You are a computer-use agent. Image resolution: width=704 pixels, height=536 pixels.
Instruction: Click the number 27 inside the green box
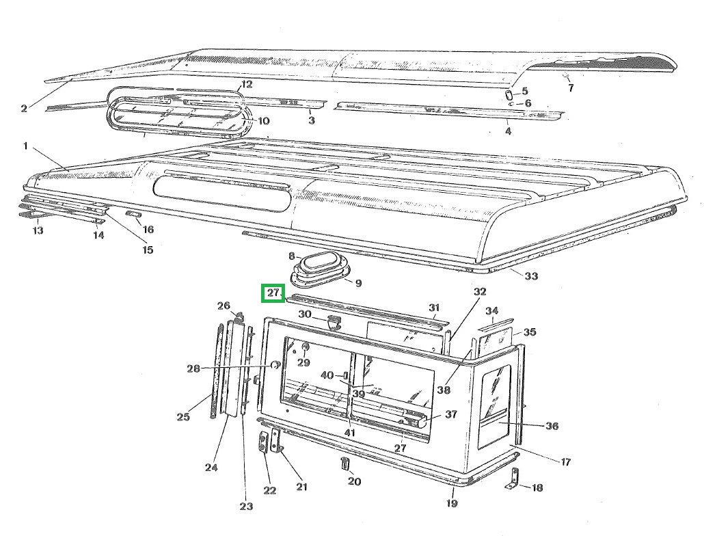pyautogui.click(x=273, y=293)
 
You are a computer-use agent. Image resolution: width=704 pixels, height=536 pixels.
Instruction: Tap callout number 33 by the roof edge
pyautogui.click(x=531, y=276)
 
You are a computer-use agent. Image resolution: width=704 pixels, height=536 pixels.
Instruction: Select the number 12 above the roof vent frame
pyautogui.click(x=247, y=84)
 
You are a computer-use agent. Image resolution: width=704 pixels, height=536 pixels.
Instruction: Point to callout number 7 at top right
pyautogui.click(x=571, y=88)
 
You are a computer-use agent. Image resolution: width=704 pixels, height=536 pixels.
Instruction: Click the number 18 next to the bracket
pyautogui.click(x=537, y=487)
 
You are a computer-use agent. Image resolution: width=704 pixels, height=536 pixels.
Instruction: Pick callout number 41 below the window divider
pyautogui.click(x=350, y=433)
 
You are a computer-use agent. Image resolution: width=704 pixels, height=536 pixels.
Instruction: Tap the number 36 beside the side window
pyautogui.click(x=552, y=425)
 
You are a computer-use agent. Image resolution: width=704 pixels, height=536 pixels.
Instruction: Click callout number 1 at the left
pyautogui.click(x=25, y=146)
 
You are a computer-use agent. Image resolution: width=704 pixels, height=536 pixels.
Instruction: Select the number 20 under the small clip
pyautogui.click(x=354, y=482)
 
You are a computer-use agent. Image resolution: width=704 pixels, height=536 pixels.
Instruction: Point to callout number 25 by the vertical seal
pyautogui.click(x=183, y=416)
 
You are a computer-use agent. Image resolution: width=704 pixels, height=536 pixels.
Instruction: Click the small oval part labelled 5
pyautogui.click(x=509, y=95)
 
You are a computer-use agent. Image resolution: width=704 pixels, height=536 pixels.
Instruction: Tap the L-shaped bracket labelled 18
pyautogui.click(x=513, y=479)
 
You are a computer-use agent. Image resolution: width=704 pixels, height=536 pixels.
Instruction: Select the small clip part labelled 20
pyautogui.click(x=344, y=463)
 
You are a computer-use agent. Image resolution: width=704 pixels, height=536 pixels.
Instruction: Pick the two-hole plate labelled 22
pyautogui.click(x=262, y=443)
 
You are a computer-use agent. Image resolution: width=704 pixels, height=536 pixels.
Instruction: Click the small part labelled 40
pyautogui.click(x=345, y=375)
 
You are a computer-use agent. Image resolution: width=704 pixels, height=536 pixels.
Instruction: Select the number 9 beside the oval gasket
pyautogui.click(x=358, y=283)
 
